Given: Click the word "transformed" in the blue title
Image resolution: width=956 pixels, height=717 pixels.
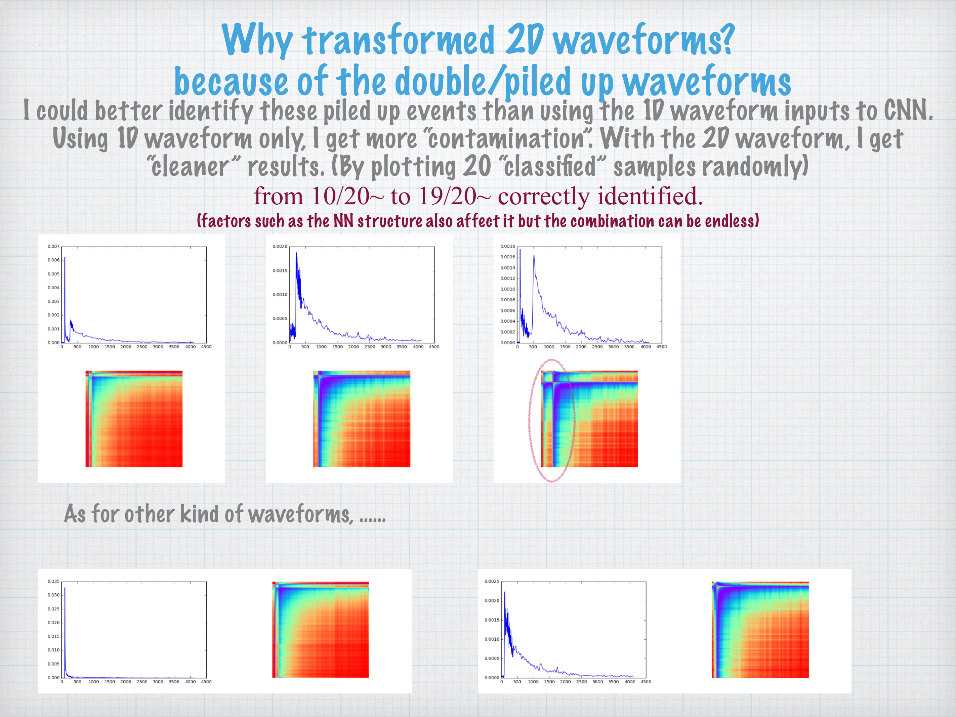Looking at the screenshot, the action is pyautogui.click(x=398, y=40).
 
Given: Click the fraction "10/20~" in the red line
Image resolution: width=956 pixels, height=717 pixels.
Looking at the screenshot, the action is pyautogui.click(x=347, y=196).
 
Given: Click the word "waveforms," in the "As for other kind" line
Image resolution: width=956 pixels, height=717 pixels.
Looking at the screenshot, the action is pyautogui.click(x=301, y=514).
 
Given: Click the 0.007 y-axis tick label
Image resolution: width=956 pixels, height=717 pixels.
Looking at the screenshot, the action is pyautogui.click(x=53, y=246).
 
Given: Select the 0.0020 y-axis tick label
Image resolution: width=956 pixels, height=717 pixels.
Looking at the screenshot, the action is pyautogui.click(x=280, y=246).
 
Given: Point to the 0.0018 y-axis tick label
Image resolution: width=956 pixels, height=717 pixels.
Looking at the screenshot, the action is pyautogui.click(x=507, y=246).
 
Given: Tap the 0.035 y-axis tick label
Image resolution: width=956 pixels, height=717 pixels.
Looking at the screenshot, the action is pyautogui.click(x=53, y=581).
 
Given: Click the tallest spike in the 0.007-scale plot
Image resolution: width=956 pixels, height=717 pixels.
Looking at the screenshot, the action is pyautogui.click(x=65, y=258).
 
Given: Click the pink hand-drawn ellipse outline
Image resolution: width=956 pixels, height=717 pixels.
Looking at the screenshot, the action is pyautogui.click(x=530, y=420).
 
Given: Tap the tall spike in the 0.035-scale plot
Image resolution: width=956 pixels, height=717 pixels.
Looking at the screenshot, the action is pyautogui.click(x=65, y=588).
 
